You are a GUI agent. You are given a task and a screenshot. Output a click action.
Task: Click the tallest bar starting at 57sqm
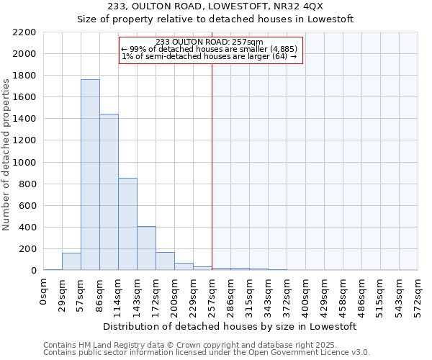(90, 175)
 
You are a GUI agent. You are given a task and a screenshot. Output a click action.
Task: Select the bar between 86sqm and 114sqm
(109, 192)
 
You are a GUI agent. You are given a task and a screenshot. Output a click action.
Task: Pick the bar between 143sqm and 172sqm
(146, 248)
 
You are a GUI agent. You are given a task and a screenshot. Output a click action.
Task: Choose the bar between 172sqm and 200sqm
(165, 261)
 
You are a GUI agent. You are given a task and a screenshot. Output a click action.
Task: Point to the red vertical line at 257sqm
(212, 166)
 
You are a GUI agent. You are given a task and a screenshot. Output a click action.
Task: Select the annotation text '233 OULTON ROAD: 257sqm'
(209, 42)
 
